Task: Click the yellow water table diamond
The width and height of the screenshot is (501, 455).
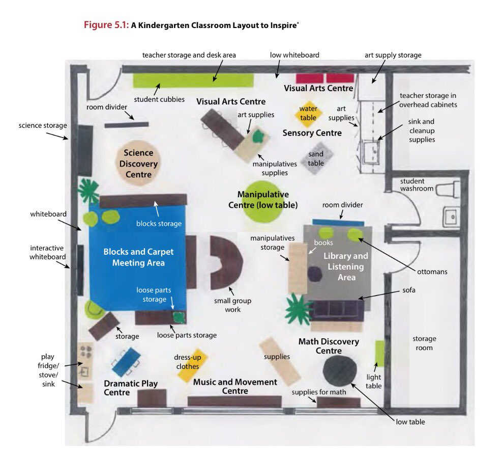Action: tap(308, 114)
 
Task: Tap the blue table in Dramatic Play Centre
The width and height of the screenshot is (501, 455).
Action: tap(126, 361)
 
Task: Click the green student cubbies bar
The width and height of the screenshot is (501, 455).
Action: tap(193, 80)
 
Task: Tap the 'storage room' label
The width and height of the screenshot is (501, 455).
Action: tap(424, 343)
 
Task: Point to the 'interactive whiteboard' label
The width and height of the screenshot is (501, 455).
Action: tap(47, 252)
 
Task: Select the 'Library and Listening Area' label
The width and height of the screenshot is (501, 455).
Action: tap(345, 266)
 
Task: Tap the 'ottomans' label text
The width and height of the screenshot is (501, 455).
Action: tap(431, 272)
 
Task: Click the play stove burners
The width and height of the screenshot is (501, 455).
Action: tap(85, 351)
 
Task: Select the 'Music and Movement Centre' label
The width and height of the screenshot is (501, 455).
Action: tap(235, 386)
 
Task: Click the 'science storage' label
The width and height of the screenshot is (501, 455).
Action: tap(43, 125)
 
